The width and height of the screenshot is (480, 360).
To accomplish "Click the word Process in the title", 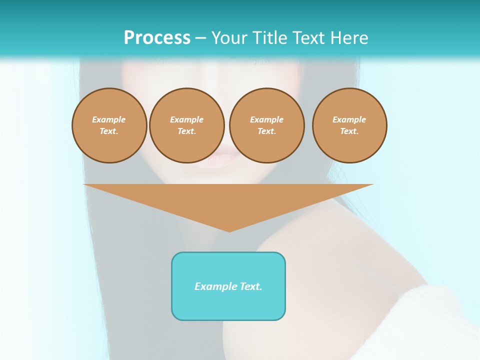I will [157, 38].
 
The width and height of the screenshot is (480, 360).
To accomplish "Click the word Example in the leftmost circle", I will [109, 119].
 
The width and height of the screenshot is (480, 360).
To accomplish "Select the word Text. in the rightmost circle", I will [349, 131].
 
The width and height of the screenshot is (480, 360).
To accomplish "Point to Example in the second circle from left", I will [187, 119].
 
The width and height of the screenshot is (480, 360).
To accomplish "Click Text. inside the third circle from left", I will [267, 131].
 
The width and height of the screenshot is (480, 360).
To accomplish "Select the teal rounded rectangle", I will [228, 305].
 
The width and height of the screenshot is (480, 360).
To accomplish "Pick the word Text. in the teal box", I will [250, 286].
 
